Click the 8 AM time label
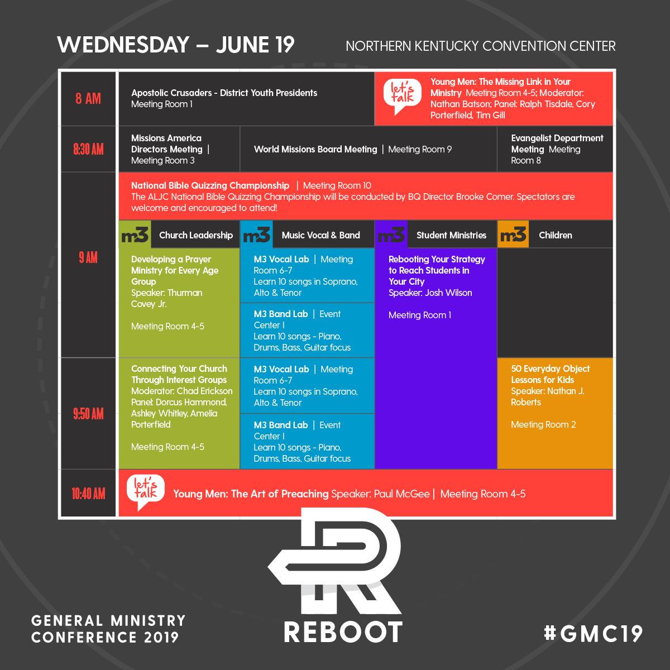(88, 99)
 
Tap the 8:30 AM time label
(88, 149)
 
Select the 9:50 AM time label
(88, 414)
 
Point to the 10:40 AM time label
(88, 494)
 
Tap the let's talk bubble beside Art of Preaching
(142, 492)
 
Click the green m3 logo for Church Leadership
(135, 235)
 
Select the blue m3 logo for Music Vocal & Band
(256, 235)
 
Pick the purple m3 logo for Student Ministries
(391, 235)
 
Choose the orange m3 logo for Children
(513, 235)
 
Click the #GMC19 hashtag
(593, 633)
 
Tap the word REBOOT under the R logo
(343, 631)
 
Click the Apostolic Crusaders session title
(224, 93)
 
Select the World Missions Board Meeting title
(315, 149)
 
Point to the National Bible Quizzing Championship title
(210, 185)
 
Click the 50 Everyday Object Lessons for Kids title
(550, 374)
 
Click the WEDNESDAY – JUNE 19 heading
(175, 45)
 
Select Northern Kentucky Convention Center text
(480, 46)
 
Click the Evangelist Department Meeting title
(557, 143)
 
